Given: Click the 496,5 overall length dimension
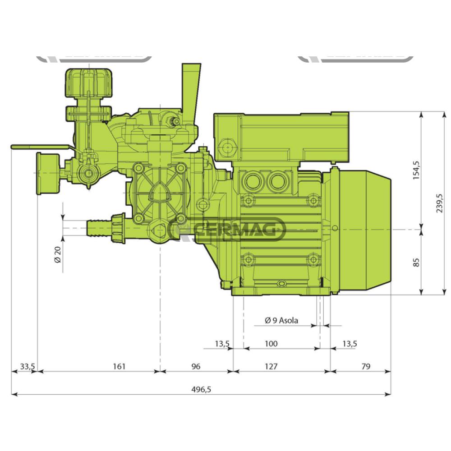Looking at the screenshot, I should [x=201, y=390].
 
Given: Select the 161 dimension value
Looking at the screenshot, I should [x=119, y=366].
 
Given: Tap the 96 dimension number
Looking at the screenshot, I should [x=195, y=366].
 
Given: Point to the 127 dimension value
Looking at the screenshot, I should [x=271, y=366].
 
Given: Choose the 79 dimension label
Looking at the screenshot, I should [x=366, y=366].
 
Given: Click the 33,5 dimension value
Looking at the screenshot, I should [x=27, y=366].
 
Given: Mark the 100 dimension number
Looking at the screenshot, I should [x=271, y=344].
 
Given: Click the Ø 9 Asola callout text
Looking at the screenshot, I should [x=282, y=320].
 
